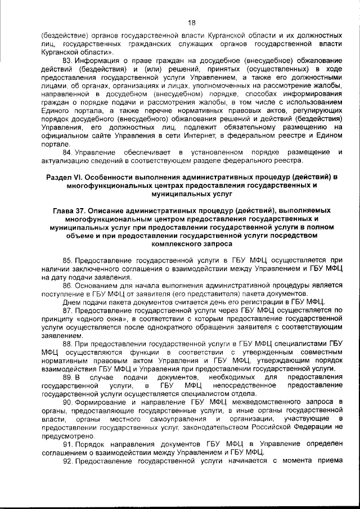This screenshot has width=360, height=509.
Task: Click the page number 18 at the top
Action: [x=191, y=23]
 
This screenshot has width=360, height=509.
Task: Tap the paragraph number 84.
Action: [x=67, y=152]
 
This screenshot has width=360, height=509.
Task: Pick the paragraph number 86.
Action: [x=67, y=286]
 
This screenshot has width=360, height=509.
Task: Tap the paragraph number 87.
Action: [x=67, y=310]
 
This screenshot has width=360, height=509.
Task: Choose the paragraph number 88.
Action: [x=67, y=344]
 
